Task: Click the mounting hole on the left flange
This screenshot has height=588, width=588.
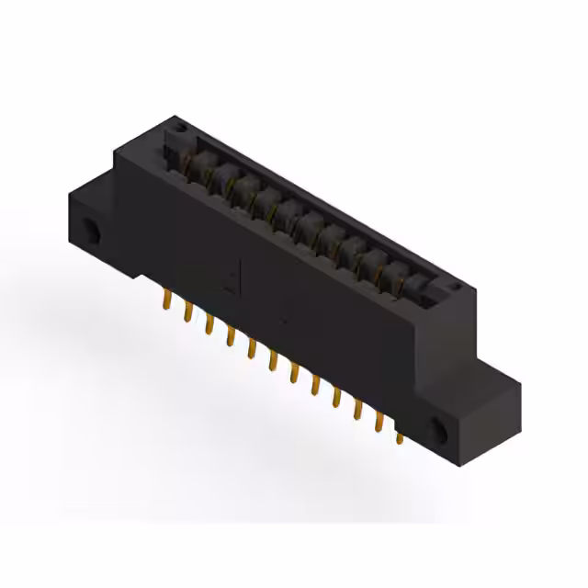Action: point(93,231)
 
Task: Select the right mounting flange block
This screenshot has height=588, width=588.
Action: point(469,413)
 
